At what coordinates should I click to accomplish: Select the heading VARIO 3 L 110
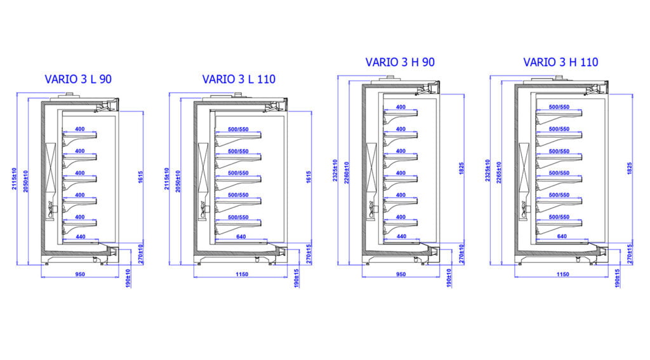pyautogui.click(x=240, y=79)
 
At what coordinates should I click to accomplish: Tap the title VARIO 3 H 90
pyautogui.click(x=400, y=62)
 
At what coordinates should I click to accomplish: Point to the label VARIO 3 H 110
pyautogui.click(x=560, y=62)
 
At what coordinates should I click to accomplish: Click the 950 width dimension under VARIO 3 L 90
pyautogui.click(x=79, y=274)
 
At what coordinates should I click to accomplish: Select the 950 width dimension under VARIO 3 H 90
pyautogui.click(x=401, y=274)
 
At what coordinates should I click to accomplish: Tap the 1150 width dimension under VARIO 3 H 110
pyautogui.click(x=562, y=274)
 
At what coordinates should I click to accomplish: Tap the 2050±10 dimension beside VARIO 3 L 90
pyautogui.click(x=25, y=181)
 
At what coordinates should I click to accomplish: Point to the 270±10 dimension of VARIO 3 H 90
pyautogui.click(x=462, y=254)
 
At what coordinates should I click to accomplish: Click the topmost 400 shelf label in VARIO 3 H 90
pyautogui.click(x=401, y=107)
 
